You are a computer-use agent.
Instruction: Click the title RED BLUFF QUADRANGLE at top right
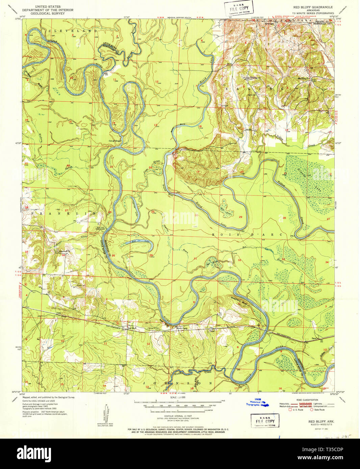(313, 7)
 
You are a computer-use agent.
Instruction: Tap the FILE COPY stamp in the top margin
(239, 8)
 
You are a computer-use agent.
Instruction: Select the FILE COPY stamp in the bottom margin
(265, 421)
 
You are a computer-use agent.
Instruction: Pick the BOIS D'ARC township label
(247, 234)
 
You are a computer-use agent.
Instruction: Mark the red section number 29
(240, 217)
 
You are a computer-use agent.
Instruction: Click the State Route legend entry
(318, 410)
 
